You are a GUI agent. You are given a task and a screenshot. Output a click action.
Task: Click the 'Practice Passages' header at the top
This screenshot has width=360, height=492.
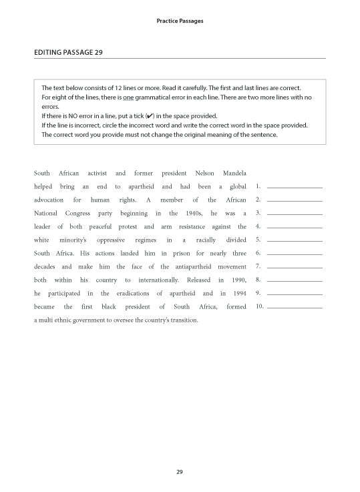[x=180, y=21]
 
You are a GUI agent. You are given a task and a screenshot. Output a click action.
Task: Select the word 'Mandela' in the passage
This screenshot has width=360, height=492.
[x=233, y=173]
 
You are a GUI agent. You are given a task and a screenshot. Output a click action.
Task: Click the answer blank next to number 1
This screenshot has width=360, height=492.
[x=295, y=188]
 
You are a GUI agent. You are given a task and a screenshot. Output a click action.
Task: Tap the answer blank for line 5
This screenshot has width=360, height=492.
[x=295, y=241]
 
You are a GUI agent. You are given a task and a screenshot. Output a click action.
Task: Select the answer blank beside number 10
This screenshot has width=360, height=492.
[x=295, y=308]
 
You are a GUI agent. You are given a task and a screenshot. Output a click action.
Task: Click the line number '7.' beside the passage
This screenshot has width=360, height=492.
[x=258, y=266]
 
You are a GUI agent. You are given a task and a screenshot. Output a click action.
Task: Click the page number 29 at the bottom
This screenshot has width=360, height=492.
[x=179, y=473]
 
